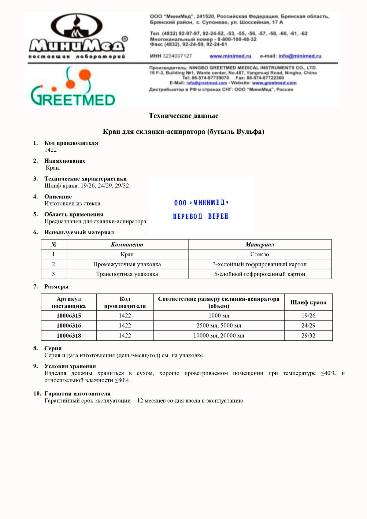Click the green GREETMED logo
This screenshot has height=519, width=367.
(x=73, y=89)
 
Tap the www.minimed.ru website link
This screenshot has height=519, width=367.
(x=230, y=56)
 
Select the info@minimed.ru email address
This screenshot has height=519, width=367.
(x=300, y=56)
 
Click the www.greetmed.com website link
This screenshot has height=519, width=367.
(x=274, y=83)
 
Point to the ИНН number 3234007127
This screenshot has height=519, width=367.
(x=177, y=56)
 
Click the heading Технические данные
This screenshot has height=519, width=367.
(x=183, y=116)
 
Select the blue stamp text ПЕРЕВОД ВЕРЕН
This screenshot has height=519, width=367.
(x=201, y=217)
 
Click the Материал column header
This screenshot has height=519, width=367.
(x=260, y=245)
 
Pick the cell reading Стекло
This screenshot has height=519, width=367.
(x=260, y=254)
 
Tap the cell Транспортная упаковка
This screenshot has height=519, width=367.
(x=127, y=274)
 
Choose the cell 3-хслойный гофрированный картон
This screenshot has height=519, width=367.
(x=260, y=264)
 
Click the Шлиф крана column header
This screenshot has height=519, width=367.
(x=308, y=302)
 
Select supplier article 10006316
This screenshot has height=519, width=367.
(x=69, y=326)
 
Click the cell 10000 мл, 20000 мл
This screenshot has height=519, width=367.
(x=219, y=335)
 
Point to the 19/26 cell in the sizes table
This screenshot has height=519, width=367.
(x=308, y=316)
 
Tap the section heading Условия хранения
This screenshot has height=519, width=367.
(x=70, y=366)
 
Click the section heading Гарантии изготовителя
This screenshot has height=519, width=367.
(x=77, y=394)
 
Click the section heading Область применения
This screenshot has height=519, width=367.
(x=74, y=214)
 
